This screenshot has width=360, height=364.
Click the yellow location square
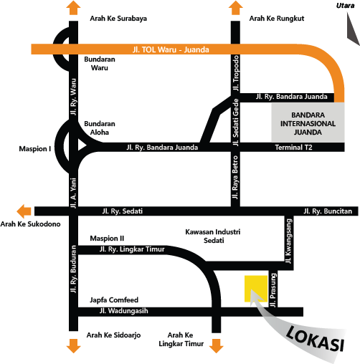pyautogui.click(x=256, y=289)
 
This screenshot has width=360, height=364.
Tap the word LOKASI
pyautogui.click(x=316, y=339)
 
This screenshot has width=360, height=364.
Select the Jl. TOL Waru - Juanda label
pyautogui.click(x=171, y=49)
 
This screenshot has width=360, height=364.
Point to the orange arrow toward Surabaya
pyautogui.click(x=73, y=8)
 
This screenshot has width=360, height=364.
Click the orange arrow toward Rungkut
pyautogui.click(x=235, y=8)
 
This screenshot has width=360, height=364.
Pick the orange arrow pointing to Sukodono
pyautogui.click(x=24, y=211)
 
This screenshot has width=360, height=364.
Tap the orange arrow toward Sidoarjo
pyautogui.click(x=73, y=346)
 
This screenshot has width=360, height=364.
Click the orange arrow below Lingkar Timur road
pyautogui.click(x=216, y=346)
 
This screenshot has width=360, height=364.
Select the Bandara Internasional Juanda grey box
pyautogui.click(x=308, y=123)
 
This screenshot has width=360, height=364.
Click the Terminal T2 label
pyautogui.click(x=293, y=148)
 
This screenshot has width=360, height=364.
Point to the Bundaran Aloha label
pyautogui.click(x=100, y=128)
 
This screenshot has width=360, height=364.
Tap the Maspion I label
pyautogui.click(x=35, y=149)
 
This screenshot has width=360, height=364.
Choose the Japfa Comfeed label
pyautogui.click(x=114, y=300)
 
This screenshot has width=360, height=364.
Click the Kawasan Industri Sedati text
pyautogui.click(x=213, y=236)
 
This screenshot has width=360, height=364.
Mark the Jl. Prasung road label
pyautogui.click(x=273, y=290)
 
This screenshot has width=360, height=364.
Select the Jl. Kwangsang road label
pyautogui.click(x=289, y=241)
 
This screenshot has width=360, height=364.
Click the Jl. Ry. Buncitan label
pyautogui.click(x=328, y=211)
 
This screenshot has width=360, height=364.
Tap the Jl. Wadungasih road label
pyautogui.click(x=123, y=311)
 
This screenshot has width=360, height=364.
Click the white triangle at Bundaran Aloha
pyautogui.click(x=81, y=145)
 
